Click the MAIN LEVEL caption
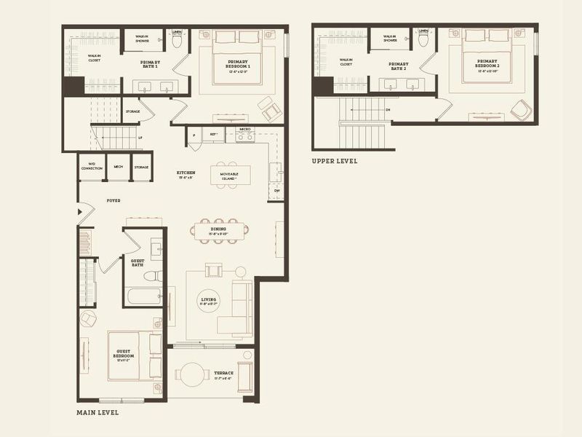97,412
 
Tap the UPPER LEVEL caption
334,161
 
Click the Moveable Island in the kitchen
230,176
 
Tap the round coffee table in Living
210,301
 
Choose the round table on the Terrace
191,375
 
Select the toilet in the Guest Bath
151,275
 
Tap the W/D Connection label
92,165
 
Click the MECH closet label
118,167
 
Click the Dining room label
218,230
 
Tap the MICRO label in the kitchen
244,130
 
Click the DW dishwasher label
277,191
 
